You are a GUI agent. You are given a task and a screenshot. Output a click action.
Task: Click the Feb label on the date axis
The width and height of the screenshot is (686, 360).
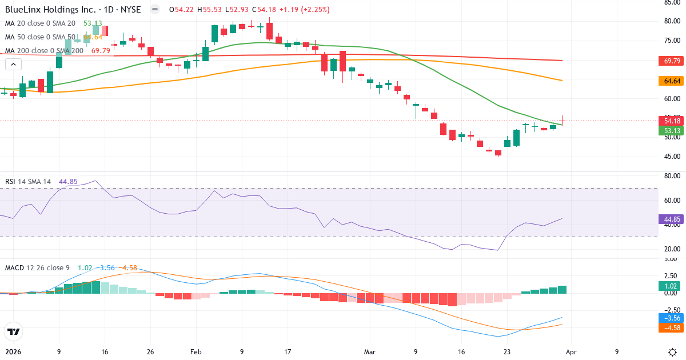pos(196,352)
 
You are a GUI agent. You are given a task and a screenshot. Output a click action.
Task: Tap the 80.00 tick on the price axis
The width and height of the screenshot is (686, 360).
pos(672,21)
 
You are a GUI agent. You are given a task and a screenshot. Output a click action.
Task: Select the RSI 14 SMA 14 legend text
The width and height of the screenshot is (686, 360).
pos(28,182)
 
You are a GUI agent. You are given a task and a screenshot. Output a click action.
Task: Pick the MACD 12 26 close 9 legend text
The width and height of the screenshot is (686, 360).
pos(38,267)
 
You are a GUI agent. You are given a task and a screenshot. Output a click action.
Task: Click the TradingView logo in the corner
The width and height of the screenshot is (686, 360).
pos(13,331)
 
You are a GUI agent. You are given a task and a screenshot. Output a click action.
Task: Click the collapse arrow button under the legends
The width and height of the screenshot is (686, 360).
pos(13,65)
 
